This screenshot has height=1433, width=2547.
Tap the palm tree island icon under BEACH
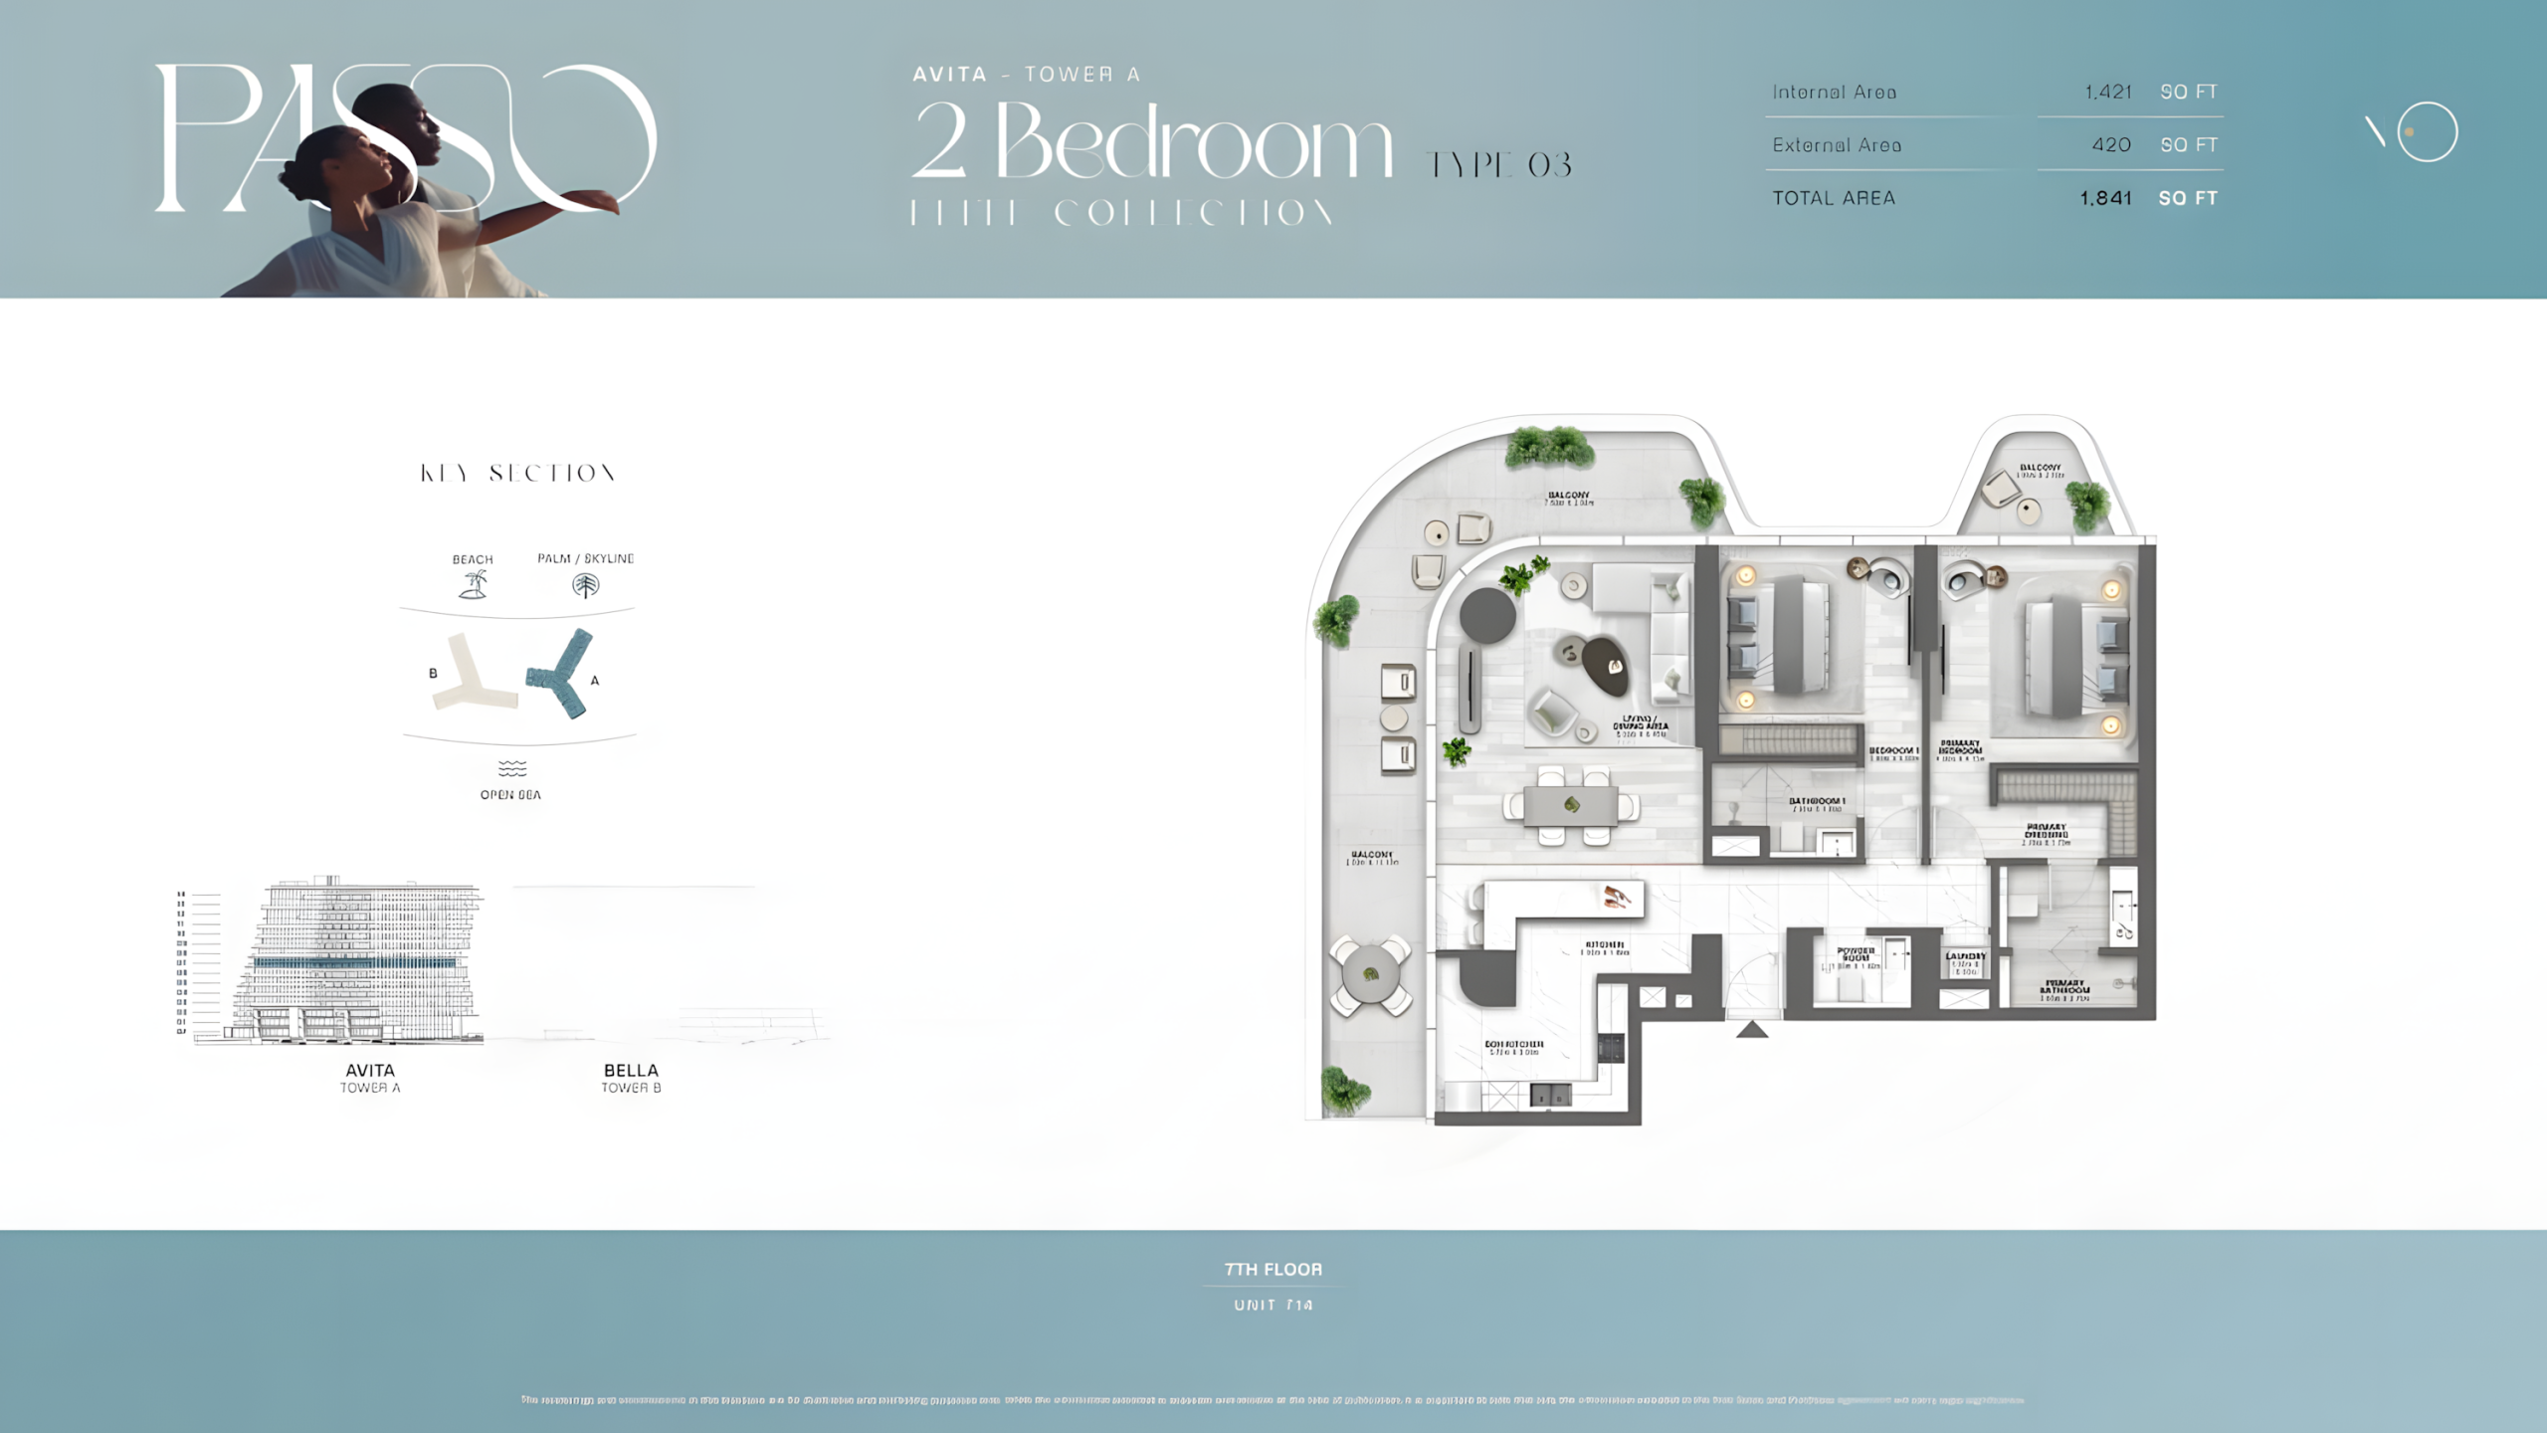474,585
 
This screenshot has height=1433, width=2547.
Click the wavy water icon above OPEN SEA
511,768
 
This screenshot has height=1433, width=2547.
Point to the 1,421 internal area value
2108,92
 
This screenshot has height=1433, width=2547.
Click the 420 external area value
2111,145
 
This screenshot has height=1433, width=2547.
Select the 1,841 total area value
2105,198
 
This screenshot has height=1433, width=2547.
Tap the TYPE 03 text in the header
1498,165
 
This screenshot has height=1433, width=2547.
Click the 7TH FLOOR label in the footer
1273,1269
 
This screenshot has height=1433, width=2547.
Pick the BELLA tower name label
631,1070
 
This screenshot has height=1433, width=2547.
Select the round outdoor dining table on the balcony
1370,974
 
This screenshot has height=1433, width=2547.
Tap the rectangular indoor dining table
1572,805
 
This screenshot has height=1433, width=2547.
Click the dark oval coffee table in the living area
1606,665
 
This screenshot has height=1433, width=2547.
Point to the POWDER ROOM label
1857,953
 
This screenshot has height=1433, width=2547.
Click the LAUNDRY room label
1966,956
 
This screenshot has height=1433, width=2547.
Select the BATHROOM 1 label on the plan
1817,801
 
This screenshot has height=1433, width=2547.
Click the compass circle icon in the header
2427,131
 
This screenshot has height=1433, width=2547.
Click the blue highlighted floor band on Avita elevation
355,963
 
